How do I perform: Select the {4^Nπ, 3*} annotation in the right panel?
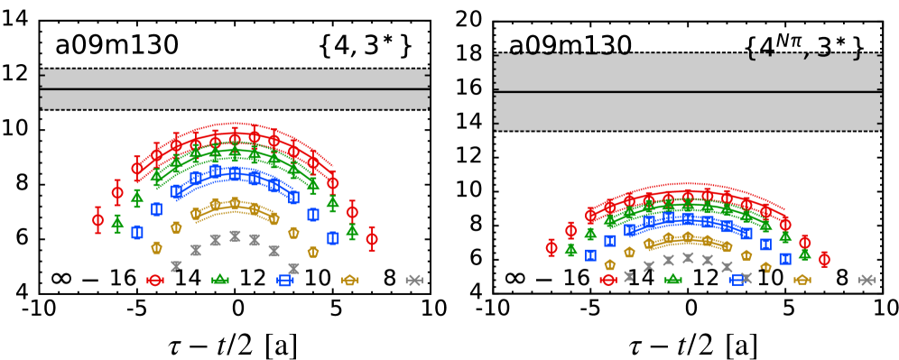click(805, 43)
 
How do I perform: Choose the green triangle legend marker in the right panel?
click(673, 281)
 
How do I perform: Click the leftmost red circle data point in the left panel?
click(98, 220)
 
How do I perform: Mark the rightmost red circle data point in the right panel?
click(824, 260)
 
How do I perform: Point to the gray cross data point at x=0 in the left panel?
click(236, 236)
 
